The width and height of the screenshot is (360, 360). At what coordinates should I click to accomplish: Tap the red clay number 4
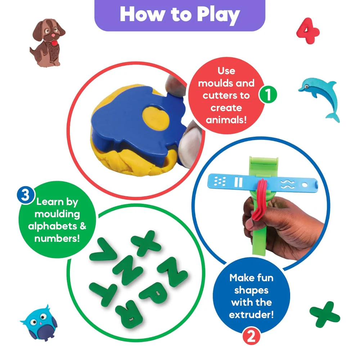pos(308,31)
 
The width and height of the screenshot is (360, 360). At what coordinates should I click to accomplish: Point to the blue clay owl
pos(39,323)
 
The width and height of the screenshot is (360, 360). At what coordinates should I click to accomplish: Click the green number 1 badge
pos(268,94)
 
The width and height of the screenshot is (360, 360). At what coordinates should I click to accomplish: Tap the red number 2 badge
pos(251,336)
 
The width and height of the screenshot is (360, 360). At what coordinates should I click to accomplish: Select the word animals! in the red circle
pos(226,120)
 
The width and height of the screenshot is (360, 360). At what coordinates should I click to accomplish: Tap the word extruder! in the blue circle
pos(251,315)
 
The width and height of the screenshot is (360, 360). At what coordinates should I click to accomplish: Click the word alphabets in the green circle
pos(53,226)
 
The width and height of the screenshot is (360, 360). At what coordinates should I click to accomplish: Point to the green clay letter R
pos(129,313)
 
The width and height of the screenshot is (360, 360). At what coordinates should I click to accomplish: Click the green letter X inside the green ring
pos(146,243)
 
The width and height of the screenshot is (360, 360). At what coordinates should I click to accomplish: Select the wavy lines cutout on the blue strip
pos(287,184)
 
